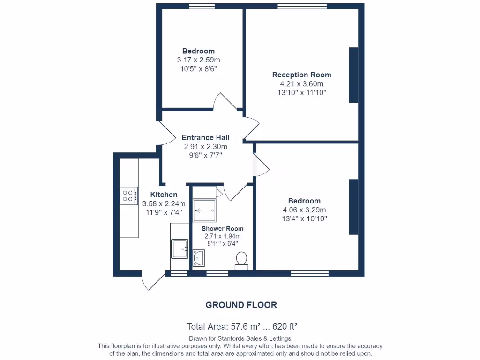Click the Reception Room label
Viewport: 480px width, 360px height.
click(x=301, y=75)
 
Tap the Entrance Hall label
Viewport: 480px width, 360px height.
click(x=205, y=138)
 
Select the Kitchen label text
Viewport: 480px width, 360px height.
click(x=164, y=195)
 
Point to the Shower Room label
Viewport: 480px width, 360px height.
click(x=223, y=229)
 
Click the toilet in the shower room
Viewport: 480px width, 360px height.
click(x=241, y=260)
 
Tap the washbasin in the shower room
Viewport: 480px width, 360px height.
click(x=199, y=257)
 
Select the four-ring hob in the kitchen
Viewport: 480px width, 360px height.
click(x=128, y=195)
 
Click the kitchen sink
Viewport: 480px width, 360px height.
click(x=180, y=248)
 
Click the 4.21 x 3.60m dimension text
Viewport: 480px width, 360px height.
click(x=301, y=84)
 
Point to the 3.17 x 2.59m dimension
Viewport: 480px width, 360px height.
click(x=198, y=60)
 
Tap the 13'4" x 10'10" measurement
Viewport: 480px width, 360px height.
click(x=304, y=218)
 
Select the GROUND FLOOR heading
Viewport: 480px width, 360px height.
click(x=241, y=305)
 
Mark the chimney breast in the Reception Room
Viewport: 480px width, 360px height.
click(x=353, y=75)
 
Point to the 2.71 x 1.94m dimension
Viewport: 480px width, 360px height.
click(x=223, y=236)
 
